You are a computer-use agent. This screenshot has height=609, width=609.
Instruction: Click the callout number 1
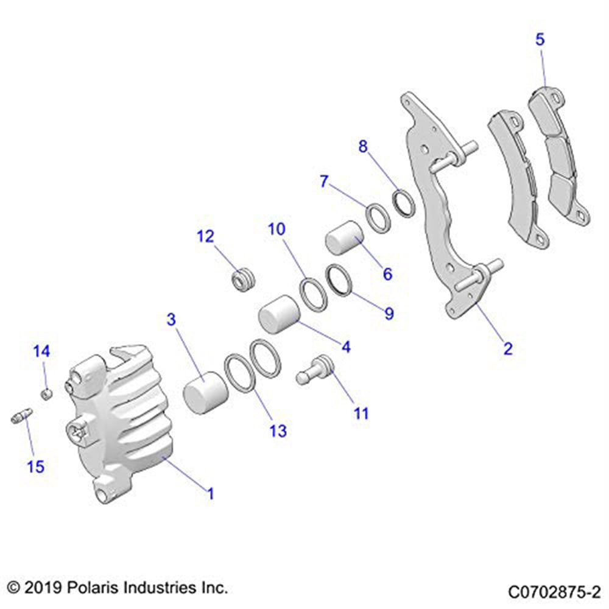210,493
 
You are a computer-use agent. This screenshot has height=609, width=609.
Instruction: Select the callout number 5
540,40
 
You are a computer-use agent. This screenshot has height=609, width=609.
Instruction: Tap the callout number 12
205,236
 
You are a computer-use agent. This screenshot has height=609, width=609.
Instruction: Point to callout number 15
36,466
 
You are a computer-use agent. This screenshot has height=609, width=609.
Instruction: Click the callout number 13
278,431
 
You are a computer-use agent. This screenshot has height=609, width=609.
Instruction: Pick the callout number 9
388,314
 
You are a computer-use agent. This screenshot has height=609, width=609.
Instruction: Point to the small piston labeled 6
345,238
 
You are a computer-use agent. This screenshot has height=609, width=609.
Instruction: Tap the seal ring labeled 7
377,218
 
